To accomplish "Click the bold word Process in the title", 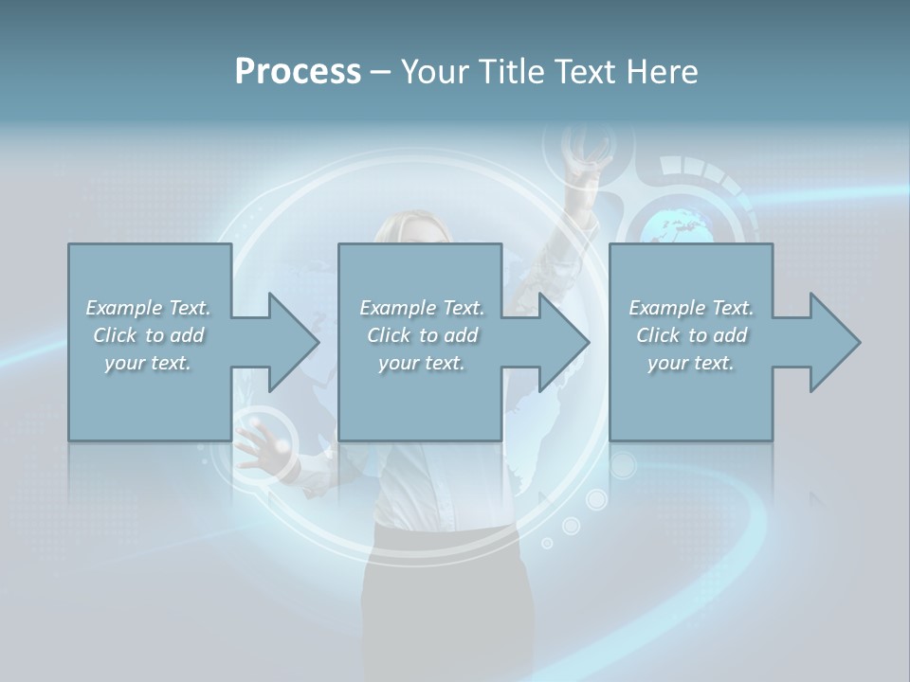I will tap(298, 72).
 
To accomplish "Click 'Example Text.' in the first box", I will tap(148, 308).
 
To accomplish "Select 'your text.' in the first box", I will tap(148, 363).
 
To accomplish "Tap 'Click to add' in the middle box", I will tap(422, 335).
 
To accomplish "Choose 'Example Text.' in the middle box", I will tap(422, 308).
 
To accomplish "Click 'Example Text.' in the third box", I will tap(691, 308).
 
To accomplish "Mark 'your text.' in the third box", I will tap(691, 363).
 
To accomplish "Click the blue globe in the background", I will tap(679, 224).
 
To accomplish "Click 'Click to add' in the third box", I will tap(691, 335).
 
